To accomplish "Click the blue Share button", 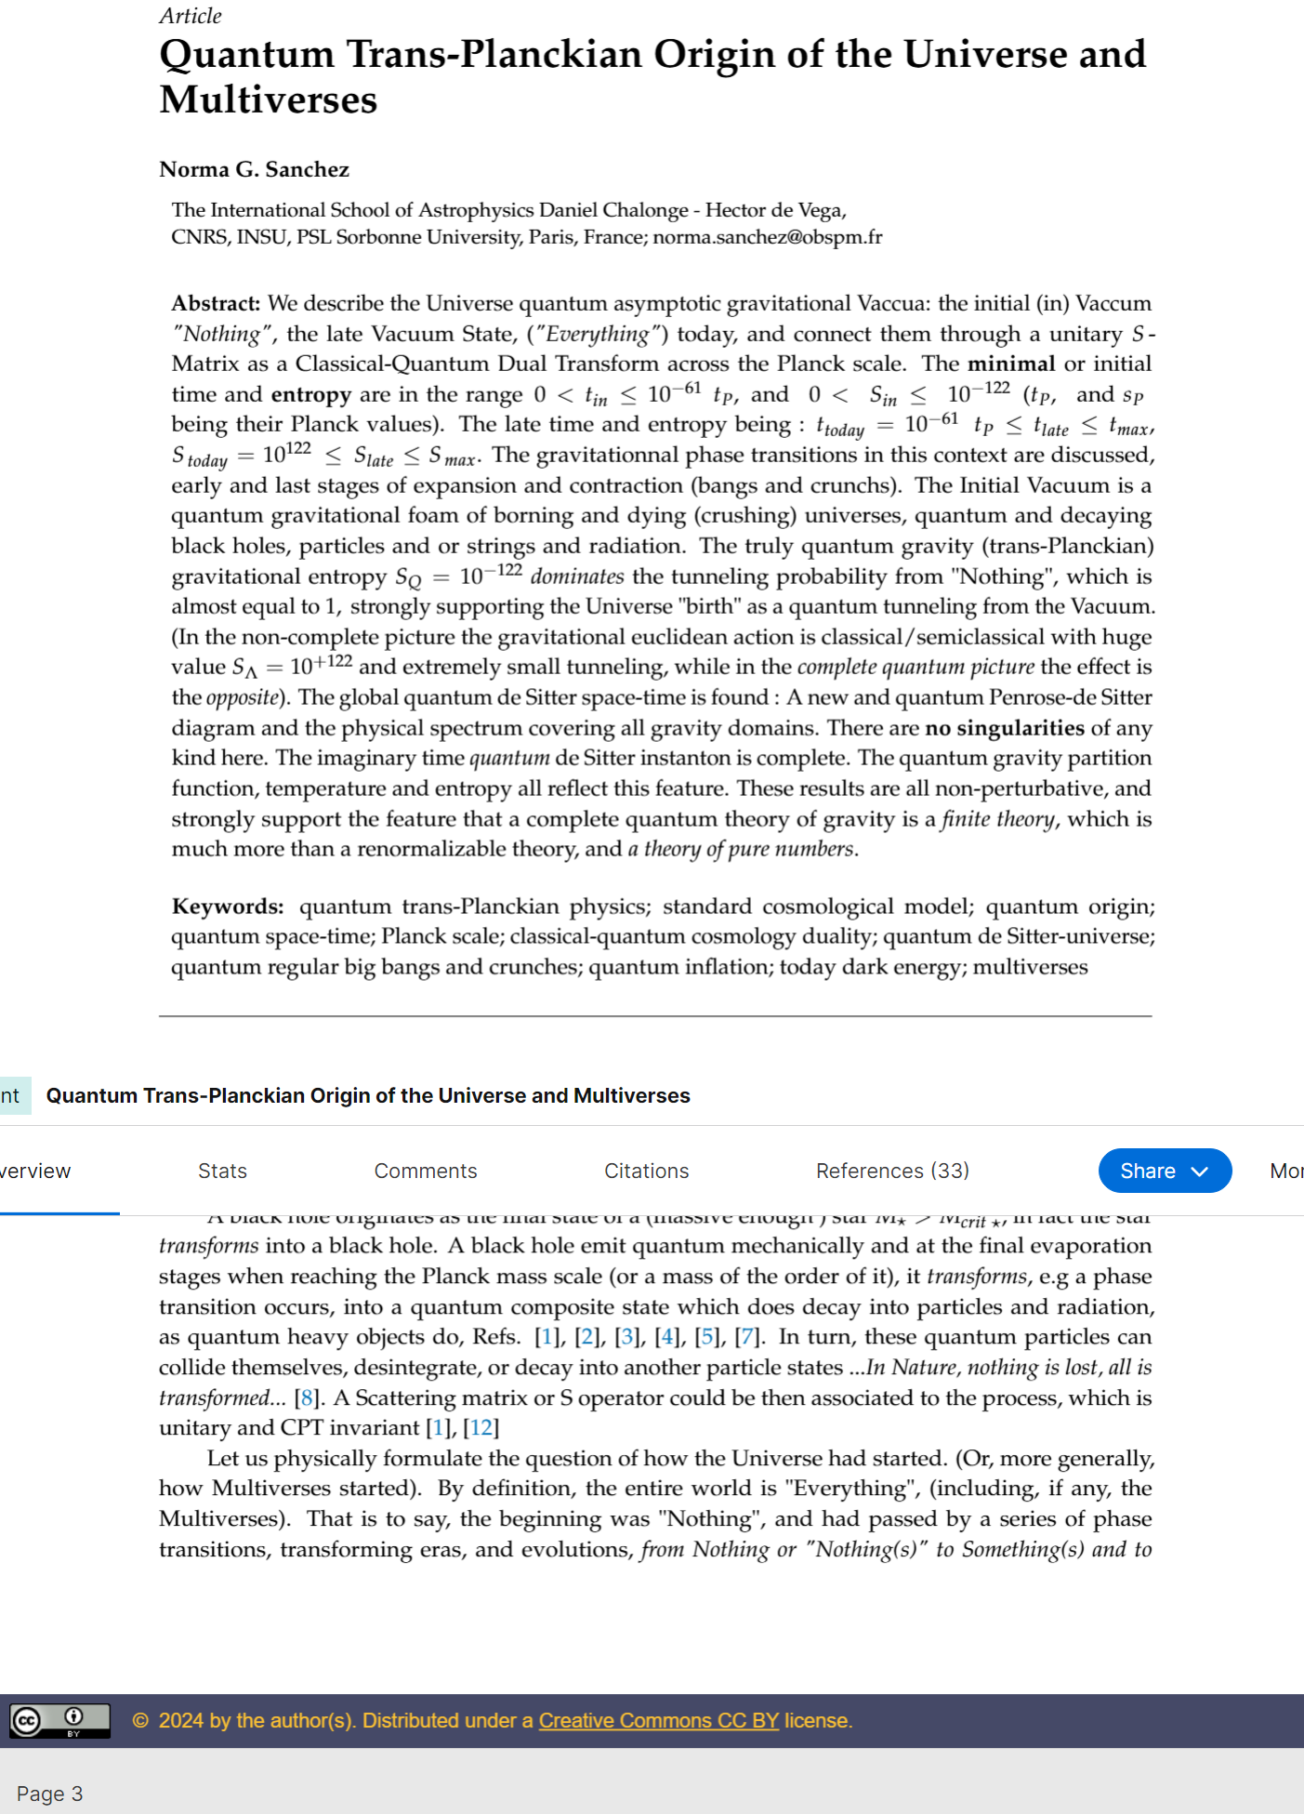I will (x=1164, y=1171).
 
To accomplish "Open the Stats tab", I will (x=222, y=1171).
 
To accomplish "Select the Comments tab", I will (x=426, y=1171).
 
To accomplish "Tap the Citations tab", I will (x=646, y=1171).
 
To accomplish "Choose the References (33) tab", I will (x=892, y=1171).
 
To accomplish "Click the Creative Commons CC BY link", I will (x=658, y=1720).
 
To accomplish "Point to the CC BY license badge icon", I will (x=59, y=1720).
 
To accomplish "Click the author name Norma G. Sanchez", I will (x=254, y=169).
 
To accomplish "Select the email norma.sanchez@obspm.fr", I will (x=767, y=237).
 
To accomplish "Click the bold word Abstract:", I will (x=216, y=304).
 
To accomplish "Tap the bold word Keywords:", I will (x=228, y=907).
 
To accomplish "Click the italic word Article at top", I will (x=191, y=16).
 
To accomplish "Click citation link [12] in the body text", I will (x=481, y=1427).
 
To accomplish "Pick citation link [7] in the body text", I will (x=746, y=1337).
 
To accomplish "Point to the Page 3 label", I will (x=49, y=1794).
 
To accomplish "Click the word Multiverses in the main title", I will (x=268, y=100).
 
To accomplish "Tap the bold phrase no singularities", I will (x=1004, y=728).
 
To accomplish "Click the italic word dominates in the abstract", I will (x=576, y=576).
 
